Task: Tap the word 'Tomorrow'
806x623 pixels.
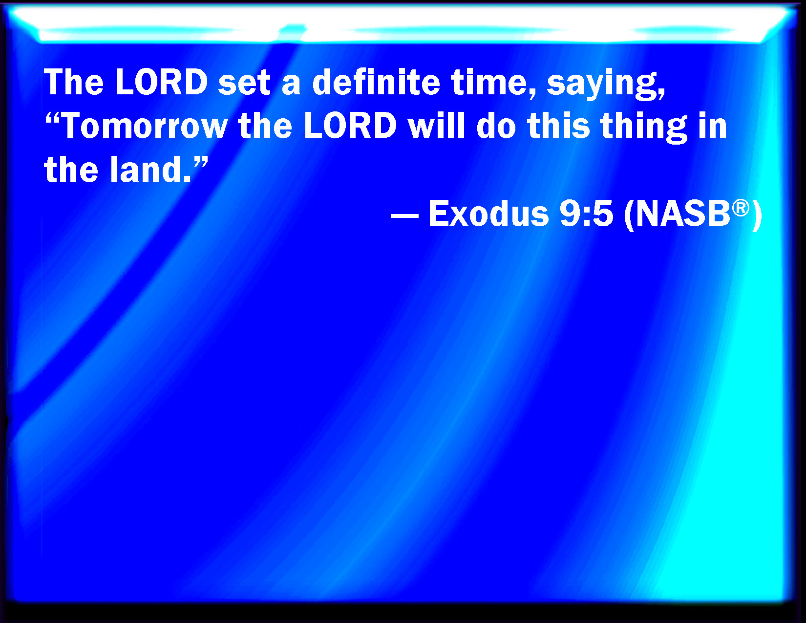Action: [145, 126]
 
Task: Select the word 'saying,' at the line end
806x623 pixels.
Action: [606, 85]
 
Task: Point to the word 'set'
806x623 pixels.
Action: [244, 83]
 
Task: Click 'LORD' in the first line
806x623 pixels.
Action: [161, 82]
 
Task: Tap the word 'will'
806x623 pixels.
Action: [436, 126]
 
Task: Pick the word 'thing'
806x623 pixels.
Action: [643, 128]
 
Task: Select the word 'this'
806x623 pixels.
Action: [558, 126]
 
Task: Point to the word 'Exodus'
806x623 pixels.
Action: [488, 214]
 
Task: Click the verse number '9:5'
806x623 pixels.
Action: [586, 214]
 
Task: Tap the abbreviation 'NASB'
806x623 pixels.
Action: [683, 214]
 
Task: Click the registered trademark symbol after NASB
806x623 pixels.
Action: [741, 208]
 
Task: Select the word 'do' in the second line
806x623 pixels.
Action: [496, 126]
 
